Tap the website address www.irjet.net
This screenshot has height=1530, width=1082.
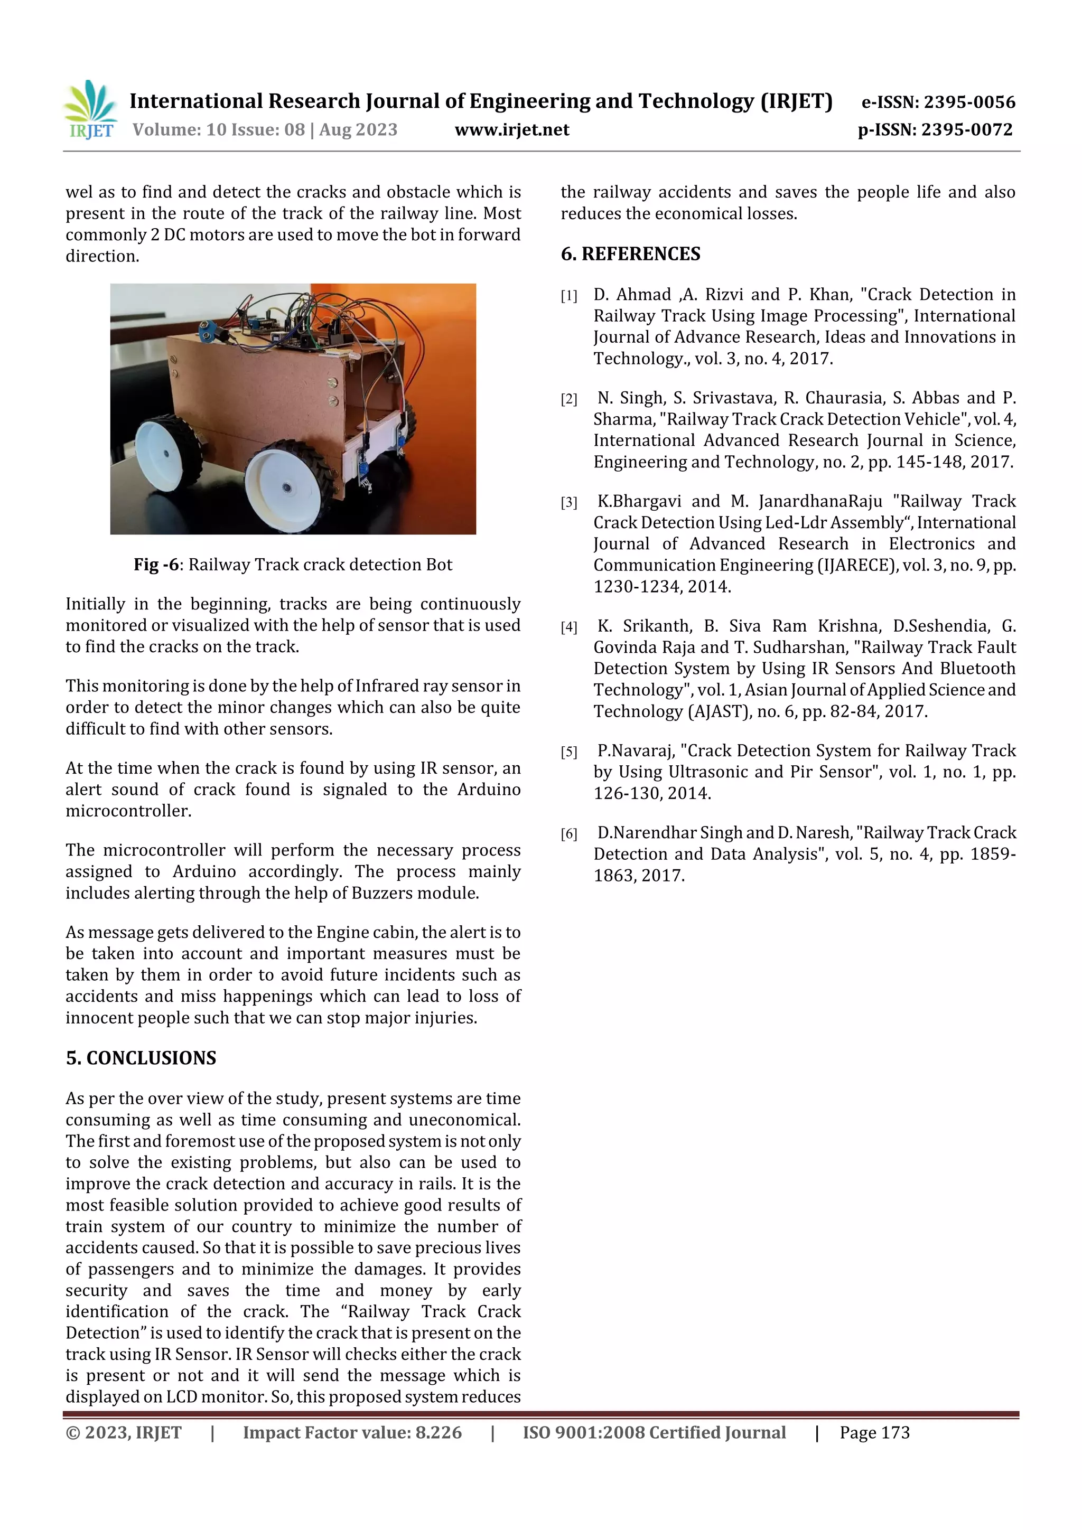pyautogui.click(x=511, y=130)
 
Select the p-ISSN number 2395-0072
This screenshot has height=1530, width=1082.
pyautogui.click(x=967, y=130)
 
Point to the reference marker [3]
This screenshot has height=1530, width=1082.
pyautogui.click(x=568, y=502)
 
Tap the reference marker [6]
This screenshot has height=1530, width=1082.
pyautogui.click(x=568, y=833)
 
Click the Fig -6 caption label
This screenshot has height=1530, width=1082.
pyautogui.click(x=156, y=565)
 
